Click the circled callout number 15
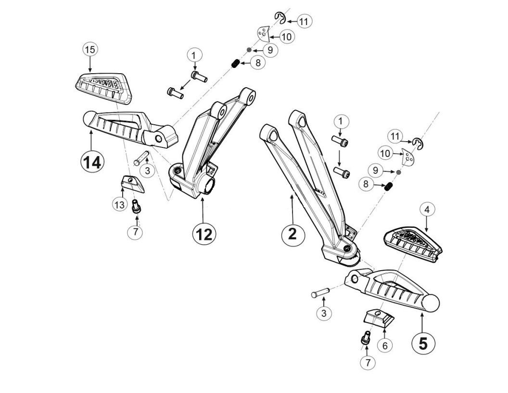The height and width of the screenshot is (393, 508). (x=90, y=49)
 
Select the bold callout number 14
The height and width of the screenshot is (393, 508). (x=91, y=162)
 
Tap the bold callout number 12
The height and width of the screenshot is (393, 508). (x=204, y=234)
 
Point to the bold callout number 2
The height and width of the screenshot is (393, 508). (x=292, y=233)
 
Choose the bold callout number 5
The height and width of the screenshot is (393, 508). (x=423, y=343)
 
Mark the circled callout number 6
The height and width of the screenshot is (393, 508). (x=384, y=345)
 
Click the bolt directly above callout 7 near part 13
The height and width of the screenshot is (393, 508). (x=136, y=206)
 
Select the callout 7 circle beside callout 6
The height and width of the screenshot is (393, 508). (x=368, y=363)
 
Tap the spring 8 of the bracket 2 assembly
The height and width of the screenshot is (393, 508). (x=389, y=187)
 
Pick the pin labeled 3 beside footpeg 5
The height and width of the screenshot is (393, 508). (x=320, y=292)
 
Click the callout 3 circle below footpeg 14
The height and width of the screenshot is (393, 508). (x=147, y=170)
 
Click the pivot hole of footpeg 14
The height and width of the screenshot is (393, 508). (x=158, y=138)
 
